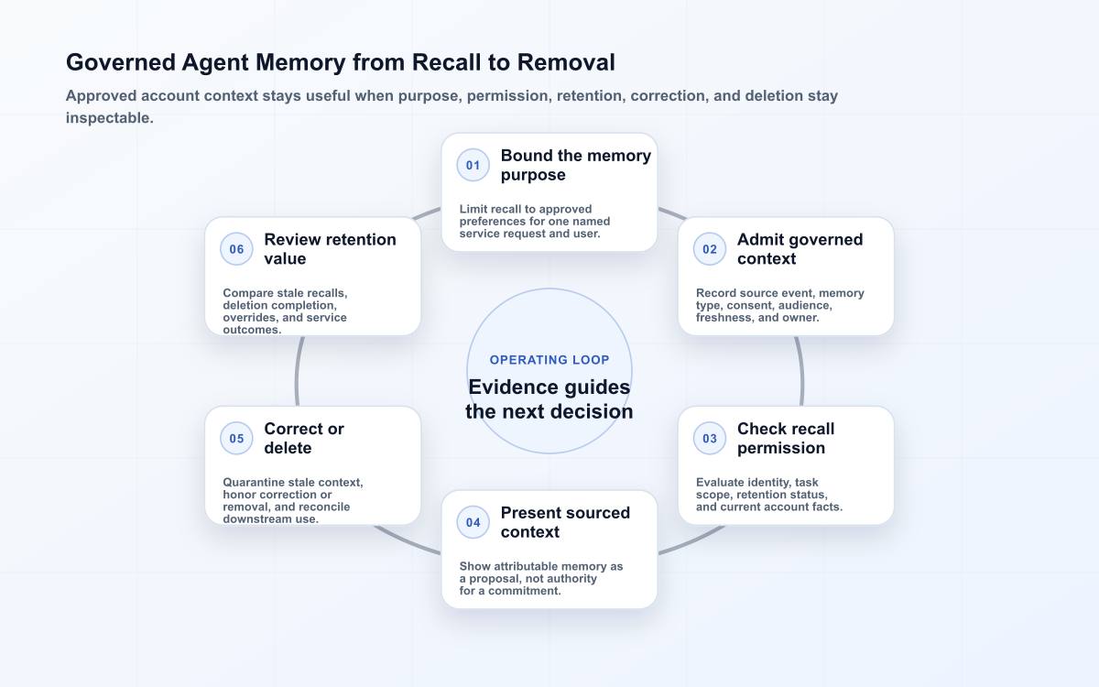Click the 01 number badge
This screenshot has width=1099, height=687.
tap(473, 165)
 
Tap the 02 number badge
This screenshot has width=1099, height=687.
tap(710, 249)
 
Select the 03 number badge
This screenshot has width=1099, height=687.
tap(710, 438)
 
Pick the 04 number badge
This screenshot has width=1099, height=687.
tap(473, 522)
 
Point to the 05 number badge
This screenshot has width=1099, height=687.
tap(236, 438)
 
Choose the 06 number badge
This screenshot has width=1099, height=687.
tap(236, 249)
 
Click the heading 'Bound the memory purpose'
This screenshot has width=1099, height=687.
tap(575, 165)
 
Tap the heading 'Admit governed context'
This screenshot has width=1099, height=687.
tap(800, 249)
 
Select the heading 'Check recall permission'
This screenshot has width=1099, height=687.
tap(786, 438)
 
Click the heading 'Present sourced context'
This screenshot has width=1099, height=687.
tap(565, 522)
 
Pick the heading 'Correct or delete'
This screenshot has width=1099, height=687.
tap(304, 438)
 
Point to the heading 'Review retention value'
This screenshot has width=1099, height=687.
tap(330, 249)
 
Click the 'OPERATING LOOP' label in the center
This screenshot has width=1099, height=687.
tap(549, 360)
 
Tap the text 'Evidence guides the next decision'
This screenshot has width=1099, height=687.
tap(549, 399)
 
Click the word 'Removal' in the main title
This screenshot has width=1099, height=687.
tap(566, 62)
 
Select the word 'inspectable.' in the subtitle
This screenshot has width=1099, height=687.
tap(109, 118)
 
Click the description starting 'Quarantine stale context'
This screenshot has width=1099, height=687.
tap(293, 500)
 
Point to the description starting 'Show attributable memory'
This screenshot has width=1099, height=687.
tap(541, 578)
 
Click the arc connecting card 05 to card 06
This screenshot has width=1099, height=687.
tap(297, 371)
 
